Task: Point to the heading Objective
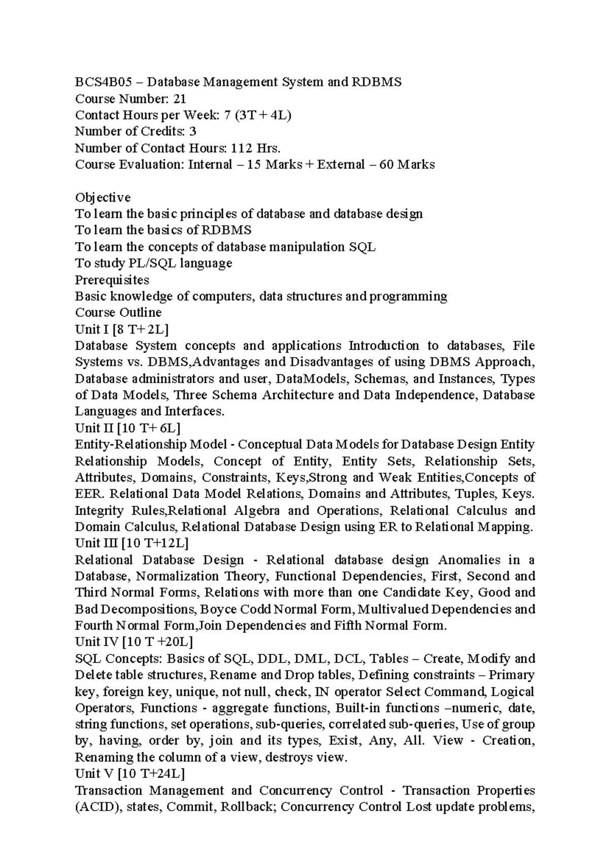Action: tap(103, 197)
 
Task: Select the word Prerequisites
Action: tap(112, 280)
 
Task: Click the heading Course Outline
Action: tap(118, 313)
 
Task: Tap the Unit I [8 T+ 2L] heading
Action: tap(122, 329)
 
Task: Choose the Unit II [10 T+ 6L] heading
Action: tap(127, 428)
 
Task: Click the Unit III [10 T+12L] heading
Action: tap(131, 543)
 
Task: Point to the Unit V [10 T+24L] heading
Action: tap(130, 774)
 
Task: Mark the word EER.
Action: tap(89, 494)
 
